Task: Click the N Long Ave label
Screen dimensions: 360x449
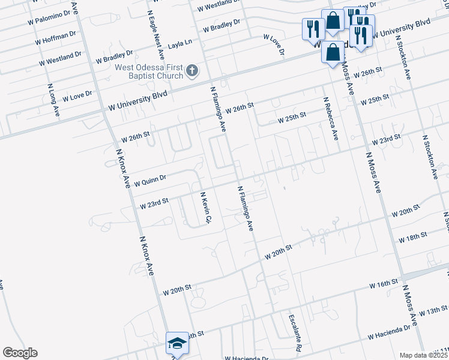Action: (53, 101)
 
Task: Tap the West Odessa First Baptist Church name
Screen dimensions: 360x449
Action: (149, 71)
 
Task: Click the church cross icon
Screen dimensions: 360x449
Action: (192, 71)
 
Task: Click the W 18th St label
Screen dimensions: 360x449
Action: (412, 236)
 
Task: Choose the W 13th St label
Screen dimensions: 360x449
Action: (433, 312)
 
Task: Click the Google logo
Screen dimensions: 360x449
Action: (20, 353)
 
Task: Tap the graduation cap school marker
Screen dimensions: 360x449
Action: (177, 344)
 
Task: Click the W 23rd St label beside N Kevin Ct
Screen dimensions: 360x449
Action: (154, 204)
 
